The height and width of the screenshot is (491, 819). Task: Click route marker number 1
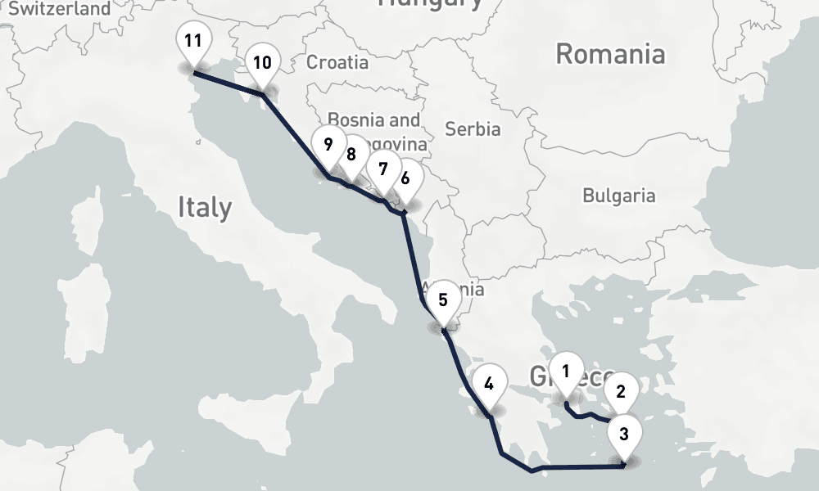click(x=565, y=372)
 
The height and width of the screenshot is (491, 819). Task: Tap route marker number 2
click(x=621, y=391)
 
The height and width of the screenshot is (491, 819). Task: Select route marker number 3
click(x=624, y=434)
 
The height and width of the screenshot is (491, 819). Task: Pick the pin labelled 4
click(x=489, y=383)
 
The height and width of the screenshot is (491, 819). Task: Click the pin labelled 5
click(x=443, y=300)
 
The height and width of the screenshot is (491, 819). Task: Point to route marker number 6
click(x=405, y=177)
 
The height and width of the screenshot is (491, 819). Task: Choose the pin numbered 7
click(x=382, y=170)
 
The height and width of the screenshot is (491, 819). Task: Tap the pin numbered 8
click(x=351, y=154)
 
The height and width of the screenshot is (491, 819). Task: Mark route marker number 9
click(x=328, y=146)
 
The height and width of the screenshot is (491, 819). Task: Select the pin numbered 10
click(x=262, y=62)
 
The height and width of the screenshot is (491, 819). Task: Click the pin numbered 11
click(x=193, y=41)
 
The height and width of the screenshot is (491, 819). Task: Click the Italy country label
click(x=205, y=208)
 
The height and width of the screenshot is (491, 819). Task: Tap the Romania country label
click(x=610, y=55)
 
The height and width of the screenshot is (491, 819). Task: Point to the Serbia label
click(x=473, y=128)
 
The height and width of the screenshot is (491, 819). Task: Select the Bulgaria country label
click(x=618, y=196)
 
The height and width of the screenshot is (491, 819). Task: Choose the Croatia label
click(x=337, y=62)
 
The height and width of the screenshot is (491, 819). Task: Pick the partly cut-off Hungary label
click(x=431, y=4)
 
